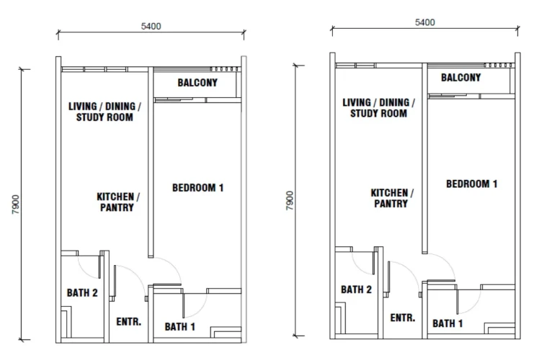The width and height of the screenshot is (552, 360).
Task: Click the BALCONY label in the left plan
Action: coord(197,83)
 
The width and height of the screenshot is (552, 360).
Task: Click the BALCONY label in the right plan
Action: coord(460,78)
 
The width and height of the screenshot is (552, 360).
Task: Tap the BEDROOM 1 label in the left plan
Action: coord(198,188)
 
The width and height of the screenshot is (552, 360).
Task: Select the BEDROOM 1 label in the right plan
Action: coord(472,184)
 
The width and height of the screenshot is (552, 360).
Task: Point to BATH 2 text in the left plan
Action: coord(82,293)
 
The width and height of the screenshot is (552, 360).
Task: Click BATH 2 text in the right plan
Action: coord(356,289)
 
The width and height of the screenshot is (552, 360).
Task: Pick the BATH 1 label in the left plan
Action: coord(180,327)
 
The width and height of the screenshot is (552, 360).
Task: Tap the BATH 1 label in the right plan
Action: coord(448,323)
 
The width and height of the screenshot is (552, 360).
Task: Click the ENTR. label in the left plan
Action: coord(129,322)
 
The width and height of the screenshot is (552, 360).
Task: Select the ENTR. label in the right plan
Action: coord(403,318)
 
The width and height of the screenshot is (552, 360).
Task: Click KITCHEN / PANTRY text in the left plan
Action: coord(118,202)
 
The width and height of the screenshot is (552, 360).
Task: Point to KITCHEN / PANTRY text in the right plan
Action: coord(392,198)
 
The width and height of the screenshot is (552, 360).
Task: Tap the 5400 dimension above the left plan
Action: coord(151,27)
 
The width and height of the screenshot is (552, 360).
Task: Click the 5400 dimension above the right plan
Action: coord(425,22)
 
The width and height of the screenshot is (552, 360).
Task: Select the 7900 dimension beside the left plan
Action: coord(16,204)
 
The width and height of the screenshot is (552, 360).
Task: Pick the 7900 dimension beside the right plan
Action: coord(290,201)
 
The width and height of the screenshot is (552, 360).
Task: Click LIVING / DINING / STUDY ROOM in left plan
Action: coord(104,112)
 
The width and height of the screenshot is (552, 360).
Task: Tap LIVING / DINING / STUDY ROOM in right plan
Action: coord(378,108)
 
